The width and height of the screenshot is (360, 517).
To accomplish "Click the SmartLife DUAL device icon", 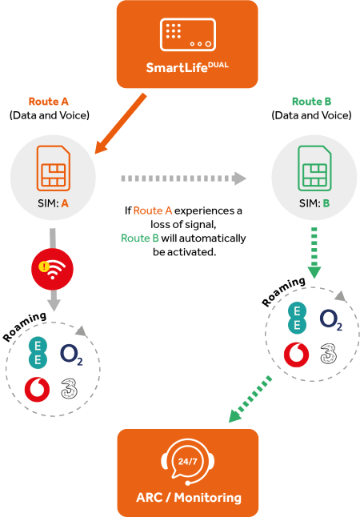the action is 187,34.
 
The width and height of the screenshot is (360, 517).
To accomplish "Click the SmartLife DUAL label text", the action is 187,67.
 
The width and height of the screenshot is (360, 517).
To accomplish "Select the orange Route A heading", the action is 49,101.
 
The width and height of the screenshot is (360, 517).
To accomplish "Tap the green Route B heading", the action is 311,101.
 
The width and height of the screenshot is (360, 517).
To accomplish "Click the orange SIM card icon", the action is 54,168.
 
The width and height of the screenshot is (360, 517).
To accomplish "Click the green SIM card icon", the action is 314,168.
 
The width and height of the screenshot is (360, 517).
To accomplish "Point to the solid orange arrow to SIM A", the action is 120,123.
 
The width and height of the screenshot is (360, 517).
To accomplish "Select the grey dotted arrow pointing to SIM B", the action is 184,178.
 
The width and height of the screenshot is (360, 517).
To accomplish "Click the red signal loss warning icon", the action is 52,269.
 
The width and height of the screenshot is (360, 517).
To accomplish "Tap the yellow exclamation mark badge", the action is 44,267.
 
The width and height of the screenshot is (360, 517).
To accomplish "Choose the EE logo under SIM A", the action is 38,352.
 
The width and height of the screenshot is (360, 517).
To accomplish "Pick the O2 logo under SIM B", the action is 331,319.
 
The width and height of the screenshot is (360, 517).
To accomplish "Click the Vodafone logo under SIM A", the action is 38,390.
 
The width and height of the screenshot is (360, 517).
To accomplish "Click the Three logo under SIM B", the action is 329,354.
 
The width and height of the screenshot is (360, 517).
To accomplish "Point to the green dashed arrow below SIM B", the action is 314,253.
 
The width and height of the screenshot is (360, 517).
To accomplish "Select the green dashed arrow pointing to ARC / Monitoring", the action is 250,399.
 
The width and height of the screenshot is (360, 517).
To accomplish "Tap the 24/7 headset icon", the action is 187,462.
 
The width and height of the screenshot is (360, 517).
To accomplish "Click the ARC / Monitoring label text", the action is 189,497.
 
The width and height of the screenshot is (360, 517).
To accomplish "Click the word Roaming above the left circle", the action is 25,326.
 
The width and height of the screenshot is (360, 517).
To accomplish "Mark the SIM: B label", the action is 314,203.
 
